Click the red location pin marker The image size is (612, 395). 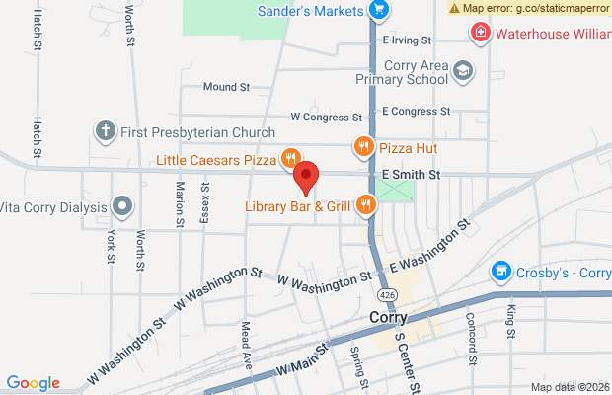pyautogui.click(x=306, y=178)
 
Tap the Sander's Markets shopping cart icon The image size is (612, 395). pyautogui.click(x=379, y=11)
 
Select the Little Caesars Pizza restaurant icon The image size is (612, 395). pyautogui.click(x=290, y=158)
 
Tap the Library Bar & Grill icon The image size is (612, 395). pyautogui.click(x=366, y=205)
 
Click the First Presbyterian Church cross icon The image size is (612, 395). pyautogui.click(x=106, y=130)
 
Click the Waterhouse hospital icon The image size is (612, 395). pyautogui.click(x=480, y=33)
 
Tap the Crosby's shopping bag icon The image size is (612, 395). pyautogui.click(x=502, y=271)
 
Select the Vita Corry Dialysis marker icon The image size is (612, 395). pyautogui.click(x=121, y=206)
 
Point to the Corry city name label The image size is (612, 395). pyautogui.click(x=388, y=319)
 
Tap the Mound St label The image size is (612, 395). pyautogui.click(x=225, y=87)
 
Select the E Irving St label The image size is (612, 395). pyautogui.click(x=407, y=40)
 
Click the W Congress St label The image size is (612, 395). pyautogui.click(x=322, y=117)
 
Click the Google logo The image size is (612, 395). pyautogui.click(x=33, y=383)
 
